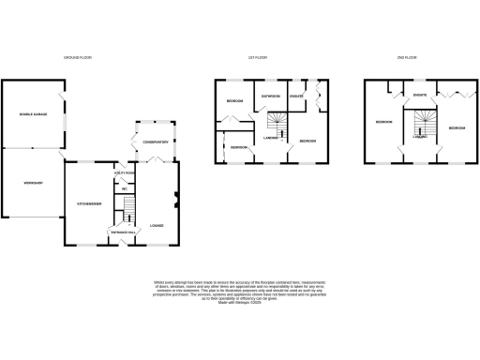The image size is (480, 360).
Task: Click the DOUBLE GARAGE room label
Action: [x=33, y=114]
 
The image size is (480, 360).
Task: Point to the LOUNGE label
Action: [x=157, y=226]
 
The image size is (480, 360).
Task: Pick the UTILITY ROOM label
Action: [x=123, y=173]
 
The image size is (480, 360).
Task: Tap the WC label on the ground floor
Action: [x=124, y=189]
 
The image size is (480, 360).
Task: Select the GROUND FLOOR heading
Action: [x=77, y=58]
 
